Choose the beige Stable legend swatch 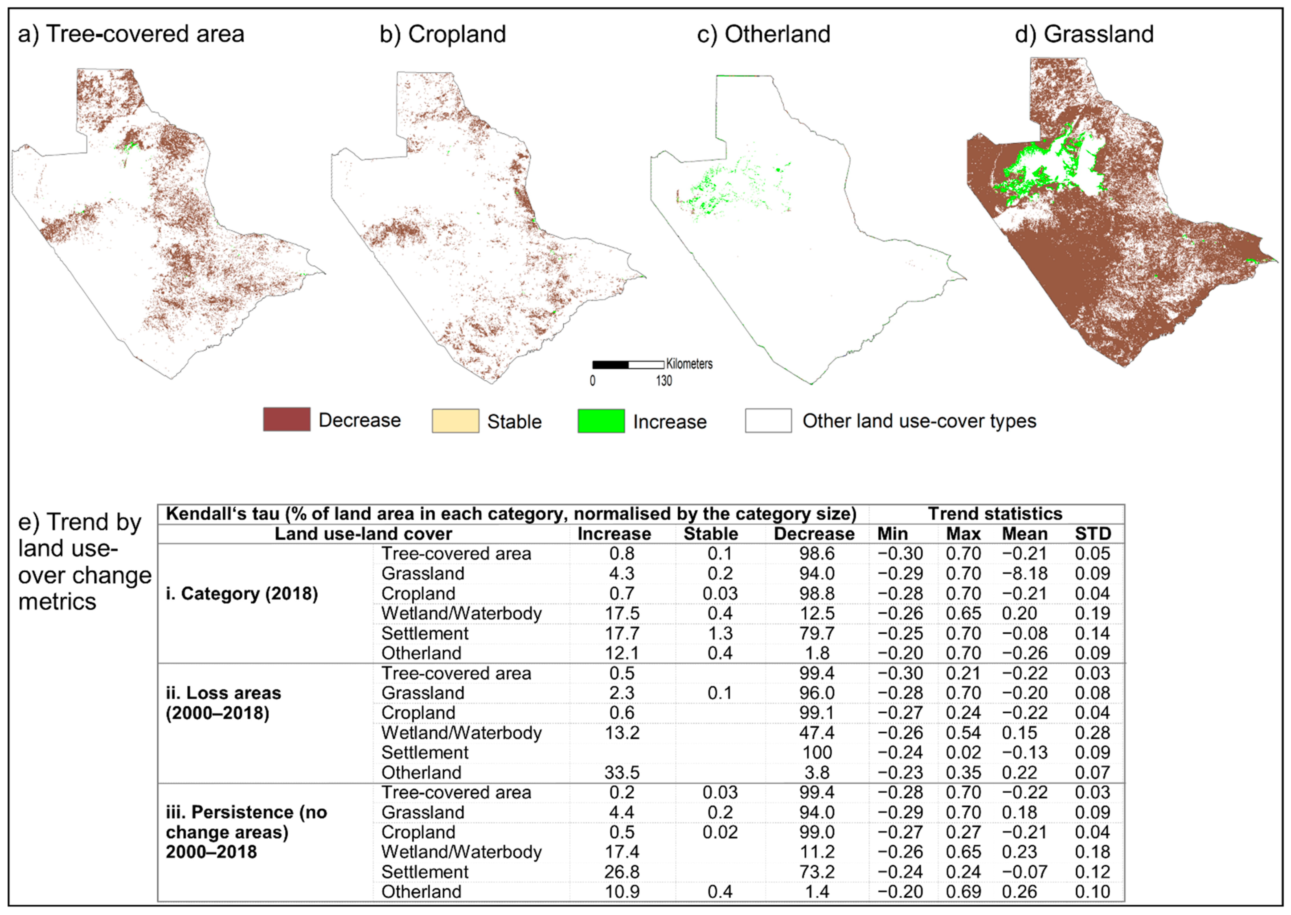click(455, 421)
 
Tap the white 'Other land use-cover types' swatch click(768, 421)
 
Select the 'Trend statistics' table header click(995, 514)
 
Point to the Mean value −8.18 click(1024, 574)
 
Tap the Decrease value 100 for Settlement click(817, 753)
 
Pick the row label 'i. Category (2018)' click(242, 594)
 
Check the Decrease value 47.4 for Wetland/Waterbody click(817, 733)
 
